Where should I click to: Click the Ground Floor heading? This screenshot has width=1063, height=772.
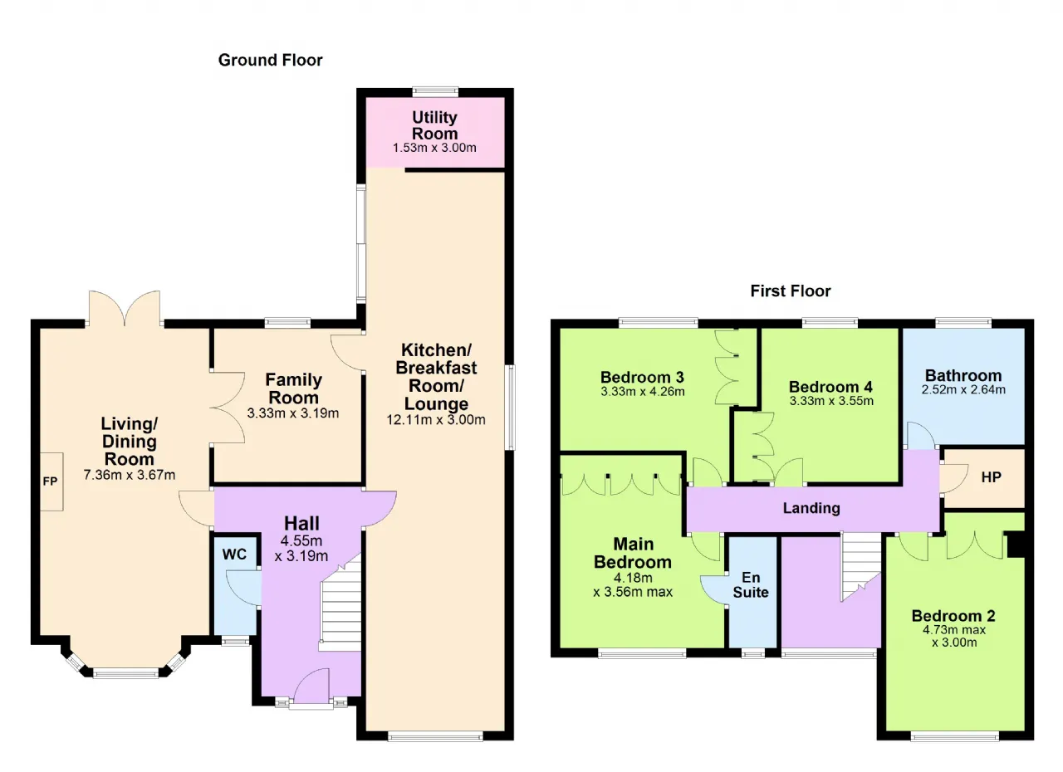tap(270, 61)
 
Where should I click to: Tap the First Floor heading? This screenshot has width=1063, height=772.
tap(791, 291)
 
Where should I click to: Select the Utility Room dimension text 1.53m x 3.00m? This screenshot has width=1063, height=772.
tap(434, 148)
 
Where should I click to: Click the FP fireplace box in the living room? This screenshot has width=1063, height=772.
tap(51, 481)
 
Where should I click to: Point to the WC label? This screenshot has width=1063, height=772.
tap(234, 554)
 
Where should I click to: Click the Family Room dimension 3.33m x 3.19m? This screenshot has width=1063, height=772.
tap(293, 413)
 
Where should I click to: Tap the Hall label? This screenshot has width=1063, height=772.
tap(301, 524)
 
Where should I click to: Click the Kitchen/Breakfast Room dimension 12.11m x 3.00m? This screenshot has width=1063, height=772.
tap(436, 420)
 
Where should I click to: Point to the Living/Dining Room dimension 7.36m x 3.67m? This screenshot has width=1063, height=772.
tap(130, 475)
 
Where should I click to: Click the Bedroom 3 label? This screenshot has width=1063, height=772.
tap(642, 377)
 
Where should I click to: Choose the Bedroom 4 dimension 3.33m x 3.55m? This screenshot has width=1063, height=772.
tap(831, 401)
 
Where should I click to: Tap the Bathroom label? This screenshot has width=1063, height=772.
tap(963, 375)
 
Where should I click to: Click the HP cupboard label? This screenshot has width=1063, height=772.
tap(992, 477)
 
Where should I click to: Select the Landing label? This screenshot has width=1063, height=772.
tap(811, 508)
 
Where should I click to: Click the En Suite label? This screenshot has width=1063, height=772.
tap(751, 584)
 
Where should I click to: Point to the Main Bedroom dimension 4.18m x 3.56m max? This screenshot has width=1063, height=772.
tap(633, 584)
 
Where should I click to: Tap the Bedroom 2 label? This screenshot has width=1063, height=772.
tap(953, 616)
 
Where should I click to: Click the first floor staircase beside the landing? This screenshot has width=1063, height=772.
tap(861, 567)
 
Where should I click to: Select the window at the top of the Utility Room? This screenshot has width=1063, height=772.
tap(435, 91)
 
